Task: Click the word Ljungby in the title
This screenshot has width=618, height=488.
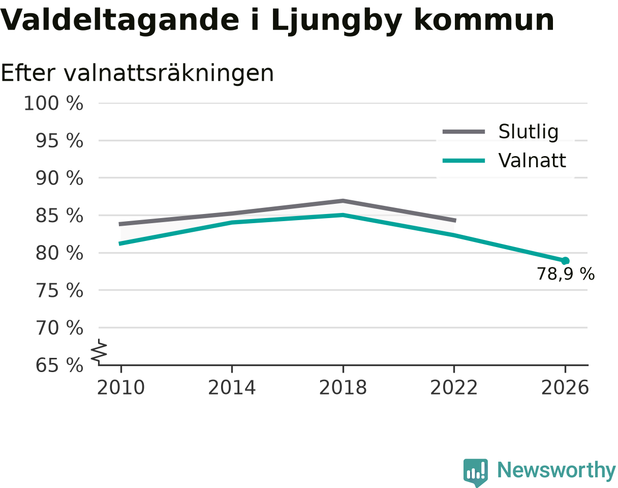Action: coord(336,21)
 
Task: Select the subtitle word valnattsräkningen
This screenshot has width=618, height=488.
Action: coord(169,74)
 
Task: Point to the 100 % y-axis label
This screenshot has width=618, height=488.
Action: coord(53,103)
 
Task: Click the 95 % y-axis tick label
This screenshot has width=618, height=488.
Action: coord(59,141)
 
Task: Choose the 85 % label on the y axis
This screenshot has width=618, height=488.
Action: coord(59,216)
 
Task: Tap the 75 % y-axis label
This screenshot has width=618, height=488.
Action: coord(59,291)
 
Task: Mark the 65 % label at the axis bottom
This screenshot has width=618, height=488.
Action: coord(59,365)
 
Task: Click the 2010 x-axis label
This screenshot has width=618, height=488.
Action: coord(121,388)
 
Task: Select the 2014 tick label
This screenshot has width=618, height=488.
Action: coord(232,388)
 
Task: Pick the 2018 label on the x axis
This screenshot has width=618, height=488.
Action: coord(343,388)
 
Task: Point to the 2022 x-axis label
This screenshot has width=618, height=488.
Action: coord(454,388)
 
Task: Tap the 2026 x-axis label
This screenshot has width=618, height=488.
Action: coord(565,388)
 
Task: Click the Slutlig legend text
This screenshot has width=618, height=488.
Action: coord(529,132)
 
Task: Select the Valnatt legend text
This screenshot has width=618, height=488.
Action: coord(532,161)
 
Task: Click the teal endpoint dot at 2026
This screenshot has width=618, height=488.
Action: coord(565,261)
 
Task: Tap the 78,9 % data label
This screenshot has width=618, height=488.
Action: coord(566,274)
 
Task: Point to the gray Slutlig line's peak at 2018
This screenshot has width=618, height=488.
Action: coord(343,201)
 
